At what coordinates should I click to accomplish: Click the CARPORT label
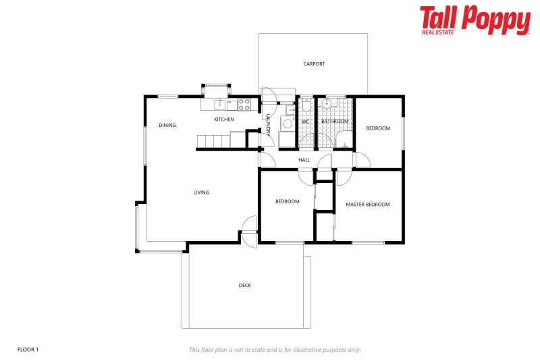(x=314, y=64)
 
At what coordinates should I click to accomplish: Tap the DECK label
(x=244, y=286)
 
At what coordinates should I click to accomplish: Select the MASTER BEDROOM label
(x=367, y=205)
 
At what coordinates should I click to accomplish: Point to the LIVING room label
(x=201, y=192)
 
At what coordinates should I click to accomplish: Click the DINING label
(x=167, y=125)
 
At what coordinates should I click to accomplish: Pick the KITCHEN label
(x=224, y=120)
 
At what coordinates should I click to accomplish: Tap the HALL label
(x=304, y=160)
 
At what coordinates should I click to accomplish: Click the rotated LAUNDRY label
(x=268, y=126)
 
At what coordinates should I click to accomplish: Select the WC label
(x=305, y=122)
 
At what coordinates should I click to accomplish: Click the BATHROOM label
(x=335, y=122)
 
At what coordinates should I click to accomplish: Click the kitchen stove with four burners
(x=244, y=105)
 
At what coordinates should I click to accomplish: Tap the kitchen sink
(x=219, y=105)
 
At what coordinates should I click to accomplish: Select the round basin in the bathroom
(x=327, y=105)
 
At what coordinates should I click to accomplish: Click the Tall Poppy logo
(x=475, y=20)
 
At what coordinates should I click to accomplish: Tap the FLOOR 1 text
(x=28, y=349)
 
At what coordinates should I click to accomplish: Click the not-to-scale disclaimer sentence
(x=274, y=350)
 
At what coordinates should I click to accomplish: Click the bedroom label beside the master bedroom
(x=287, y=201)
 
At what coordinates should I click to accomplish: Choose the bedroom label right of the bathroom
(x=378, y=128)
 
